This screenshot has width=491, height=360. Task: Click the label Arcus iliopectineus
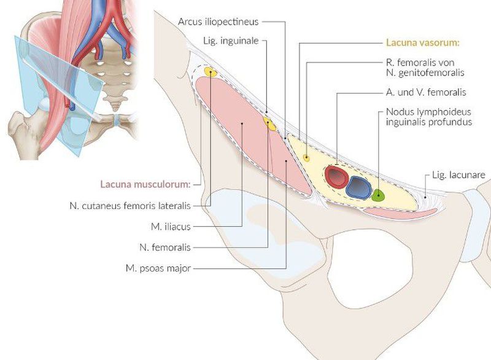point(218,22)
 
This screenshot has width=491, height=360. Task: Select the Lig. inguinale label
point(230,41)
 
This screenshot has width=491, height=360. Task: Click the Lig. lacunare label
point(458,175)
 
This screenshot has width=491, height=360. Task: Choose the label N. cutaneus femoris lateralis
point(130,205)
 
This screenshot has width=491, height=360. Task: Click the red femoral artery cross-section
point(336,176)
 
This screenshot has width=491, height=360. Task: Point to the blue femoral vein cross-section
point(358,186)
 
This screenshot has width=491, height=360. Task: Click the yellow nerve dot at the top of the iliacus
point(210,72)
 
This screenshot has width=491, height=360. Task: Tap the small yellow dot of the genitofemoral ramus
point(306,158)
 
